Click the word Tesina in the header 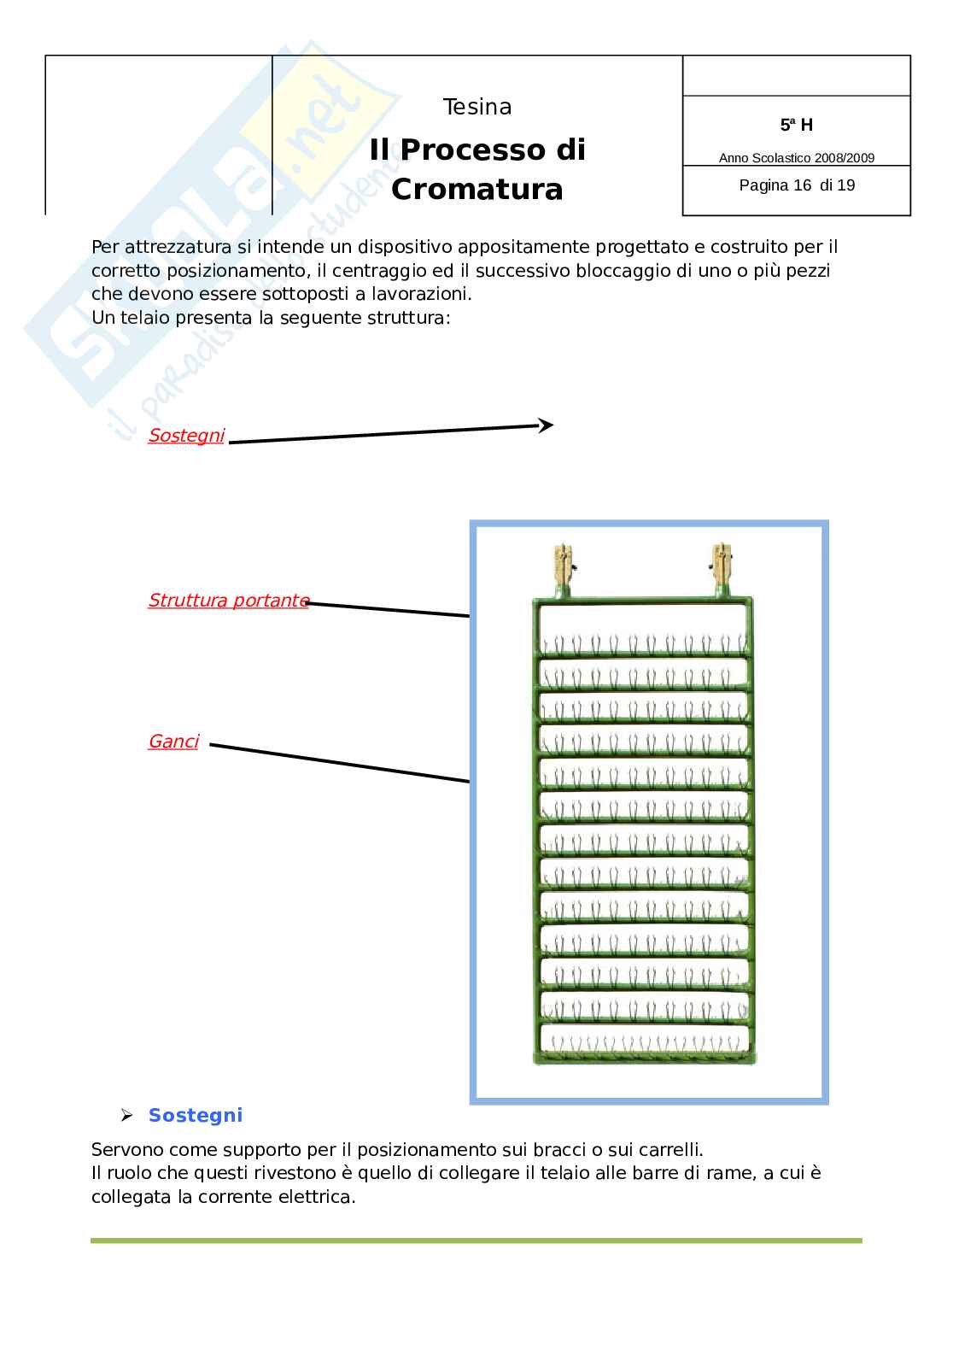point(476,107)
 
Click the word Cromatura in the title point(476,189)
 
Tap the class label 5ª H point(796,125)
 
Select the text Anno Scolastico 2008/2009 point(796,158)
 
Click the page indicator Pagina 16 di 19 point(796,185)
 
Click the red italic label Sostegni point(186,436)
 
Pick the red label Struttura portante point(228,601)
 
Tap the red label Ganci point(173,742)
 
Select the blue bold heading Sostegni point(196,1115)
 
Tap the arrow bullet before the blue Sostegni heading point(127,1116)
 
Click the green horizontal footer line point(476,1240)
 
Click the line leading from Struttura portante point(389,609)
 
